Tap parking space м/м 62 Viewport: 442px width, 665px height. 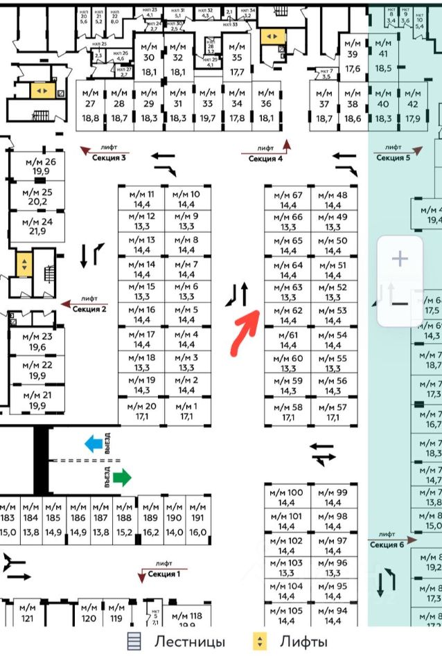(288, 316)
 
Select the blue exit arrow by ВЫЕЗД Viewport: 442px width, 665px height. (93, 443)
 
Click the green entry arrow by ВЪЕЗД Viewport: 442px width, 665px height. (121, 477)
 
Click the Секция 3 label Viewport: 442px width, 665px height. (109, 158)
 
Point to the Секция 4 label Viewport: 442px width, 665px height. (266, 159)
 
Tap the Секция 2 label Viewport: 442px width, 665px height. (89, 309)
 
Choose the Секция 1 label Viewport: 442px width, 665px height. (164, 574)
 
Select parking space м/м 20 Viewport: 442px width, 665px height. (141, 411)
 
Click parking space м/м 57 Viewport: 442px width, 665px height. (333, 412)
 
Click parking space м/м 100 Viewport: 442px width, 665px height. (286, 497)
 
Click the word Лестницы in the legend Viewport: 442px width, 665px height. (189, 641)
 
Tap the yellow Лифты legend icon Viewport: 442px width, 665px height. (260, 641)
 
